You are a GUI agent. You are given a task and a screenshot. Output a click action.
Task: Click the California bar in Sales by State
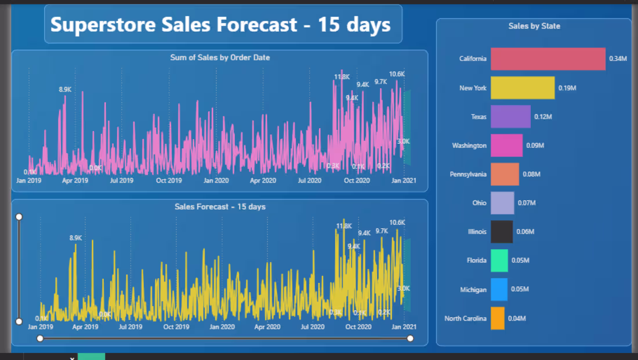click(548, 59)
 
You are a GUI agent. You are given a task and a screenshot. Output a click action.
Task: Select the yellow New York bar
click(523, 88)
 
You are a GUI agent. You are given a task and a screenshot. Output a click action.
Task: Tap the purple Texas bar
click(510, 117)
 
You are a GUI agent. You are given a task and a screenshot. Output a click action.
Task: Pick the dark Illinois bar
click(502, 232)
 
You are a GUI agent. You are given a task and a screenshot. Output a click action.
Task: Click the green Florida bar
click(499, 261)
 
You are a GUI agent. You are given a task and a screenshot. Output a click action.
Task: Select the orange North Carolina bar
click(498, 318)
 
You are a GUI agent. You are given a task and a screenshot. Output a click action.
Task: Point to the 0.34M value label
click(618, 59)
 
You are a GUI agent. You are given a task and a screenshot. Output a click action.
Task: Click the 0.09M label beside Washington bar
click(535, 146)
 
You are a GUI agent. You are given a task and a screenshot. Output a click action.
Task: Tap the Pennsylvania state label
click(468, 174)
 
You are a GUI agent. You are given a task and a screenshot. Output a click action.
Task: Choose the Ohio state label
click(479, 203)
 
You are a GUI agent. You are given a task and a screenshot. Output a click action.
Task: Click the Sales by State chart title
click(534, 26)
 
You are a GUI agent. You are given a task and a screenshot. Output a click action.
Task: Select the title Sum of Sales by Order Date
click(220, 57)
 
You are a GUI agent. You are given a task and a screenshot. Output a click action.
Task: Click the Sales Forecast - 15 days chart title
click(220, 206)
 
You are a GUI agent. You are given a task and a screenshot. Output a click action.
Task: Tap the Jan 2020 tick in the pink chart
click(216, 180)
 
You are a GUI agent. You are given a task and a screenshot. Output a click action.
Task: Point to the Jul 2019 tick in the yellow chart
click(130, 327)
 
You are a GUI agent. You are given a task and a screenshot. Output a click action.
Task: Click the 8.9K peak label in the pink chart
click(65, 89)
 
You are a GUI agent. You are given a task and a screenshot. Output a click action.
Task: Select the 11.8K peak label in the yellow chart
click(344, 226)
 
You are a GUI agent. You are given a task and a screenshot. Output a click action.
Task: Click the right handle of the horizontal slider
click(411, 338)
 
